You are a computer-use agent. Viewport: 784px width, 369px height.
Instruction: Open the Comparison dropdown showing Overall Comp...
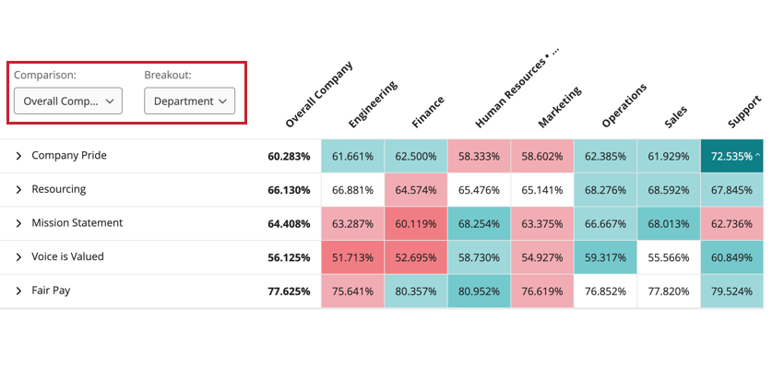68,101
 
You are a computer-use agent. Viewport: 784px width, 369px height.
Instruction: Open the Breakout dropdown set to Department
189,101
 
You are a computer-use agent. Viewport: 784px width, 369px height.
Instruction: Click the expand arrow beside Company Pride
18,156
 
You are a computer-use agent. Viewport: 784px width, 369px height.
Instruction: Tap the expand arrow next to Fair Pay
18,291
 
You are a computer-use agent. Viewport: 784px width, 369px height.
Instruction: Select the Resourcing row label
58,189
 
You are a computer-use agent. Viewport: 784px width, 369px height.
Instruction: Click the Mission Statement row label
77,223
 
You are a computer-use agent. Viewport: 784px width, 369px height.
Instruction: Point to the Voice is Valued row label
67,256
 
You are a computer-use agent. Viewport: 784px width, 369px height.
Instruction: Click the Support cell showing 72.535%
731,156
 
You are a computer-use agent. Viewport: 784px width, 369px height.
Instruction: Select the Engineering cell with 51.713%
352,257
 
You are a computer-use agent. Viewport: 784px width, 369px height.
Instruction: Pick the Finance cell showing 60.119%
415,223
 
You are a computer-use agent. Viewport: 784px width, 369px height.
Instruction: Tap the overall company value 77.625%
289,291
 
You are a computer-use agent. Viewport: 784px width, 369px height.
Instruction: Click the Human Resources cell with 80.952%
479,291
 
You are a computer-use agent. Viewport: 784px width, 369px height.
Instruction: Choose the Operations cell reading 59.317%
605,257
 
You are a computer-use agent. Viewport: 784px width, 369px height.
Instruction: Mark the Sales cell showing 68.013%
668,223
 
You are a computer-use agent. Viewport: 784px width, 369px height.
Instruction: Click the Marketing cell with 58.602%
541,156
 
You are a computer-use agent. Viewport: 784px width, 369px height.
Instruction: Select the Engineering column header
373,103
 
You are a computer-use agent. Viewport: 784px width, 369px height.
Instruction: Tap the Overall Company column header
319,94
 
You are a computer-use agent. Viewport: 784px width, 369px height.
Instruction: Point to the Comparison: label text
45,75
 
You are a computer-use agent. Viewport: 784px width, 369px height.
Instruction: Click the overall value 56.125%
289,257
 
